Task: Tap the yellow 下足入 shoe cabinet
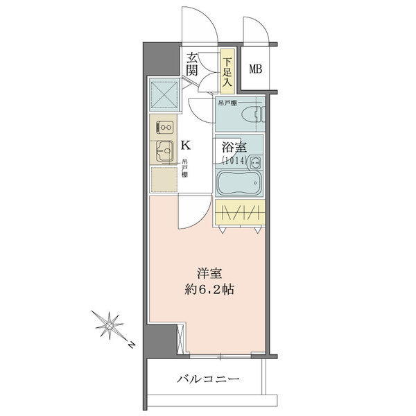(x=227, y=71)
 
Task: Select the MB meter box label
(x=255, y=69)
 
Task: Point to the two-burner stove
(x=164, y=128)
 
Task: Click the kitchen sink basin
(x=165, y=150)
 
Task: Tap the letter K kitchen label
(x=185, y=146)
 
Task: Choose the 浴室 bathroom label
(x=234, y=147)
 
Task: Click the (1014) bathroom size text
(x=235, y=160)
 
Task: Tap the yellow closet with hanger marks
(x=240, y=212)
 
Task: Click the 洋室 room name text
(x=209, y=274)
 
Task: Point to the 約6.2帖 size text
(x=209, y=289)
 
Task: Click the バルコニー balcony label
(x=208, y=379)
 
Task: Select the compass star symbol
(x=109, y=325)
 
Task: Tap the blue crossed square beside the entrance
(x=164, y=94)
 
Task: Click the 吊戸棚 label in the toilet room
(x=227, y=103)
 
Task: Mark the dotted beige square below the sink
(x=164, y=179)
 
